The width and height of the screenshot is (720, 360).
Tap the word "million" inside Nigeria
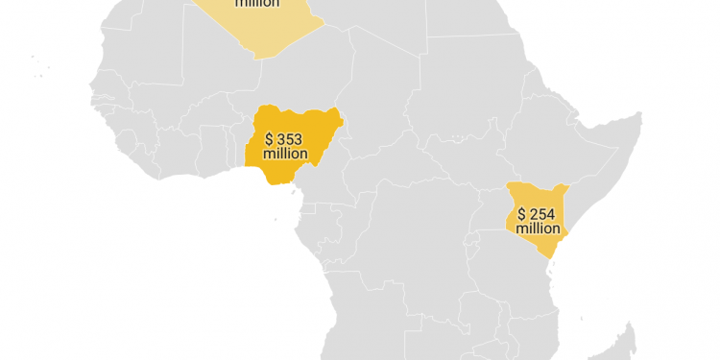(x=285, y=154)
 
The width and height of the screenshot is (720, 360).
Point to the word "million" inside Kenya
(x=538, y=228)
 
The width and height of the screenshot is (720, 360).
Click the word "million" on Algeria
(x=257, y=4)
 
